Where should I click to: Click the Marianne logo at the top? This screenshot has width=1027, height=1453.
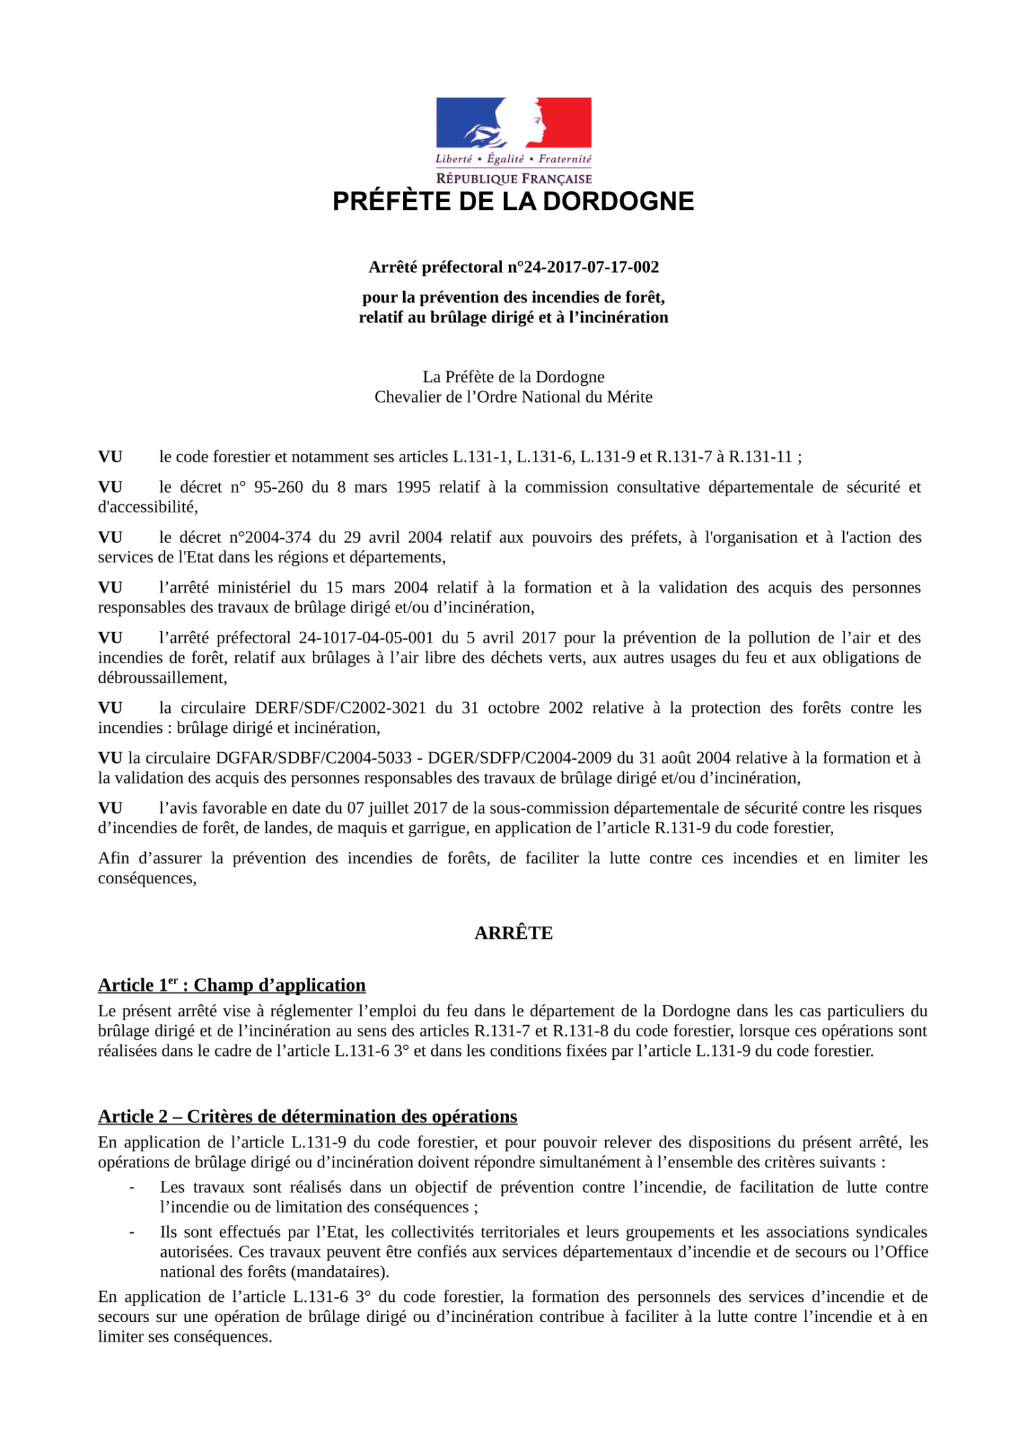513,122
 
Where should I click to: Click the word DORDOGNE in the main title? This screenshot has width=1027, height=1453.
618,202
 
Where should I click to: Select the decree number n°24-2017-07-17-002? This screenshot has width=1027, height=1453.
583,267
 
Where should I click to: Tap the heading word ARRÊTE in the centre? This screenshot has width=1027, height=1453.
513,933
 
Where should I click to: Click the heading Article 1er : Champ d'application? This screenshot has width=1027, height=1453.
231,985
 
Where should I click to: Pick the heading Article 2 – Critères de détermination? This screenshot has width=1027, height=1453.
308,1116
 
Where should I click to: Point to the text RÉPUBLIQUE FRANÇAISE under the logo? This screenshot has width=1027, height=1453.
513,179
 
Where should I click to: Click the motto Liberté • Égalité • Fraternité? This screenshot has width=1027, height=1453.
513,159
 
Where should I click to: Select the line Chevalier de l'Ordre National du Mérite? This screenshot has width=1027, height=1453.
513,397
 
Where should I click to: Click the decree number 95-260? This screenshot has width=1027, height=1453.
278,487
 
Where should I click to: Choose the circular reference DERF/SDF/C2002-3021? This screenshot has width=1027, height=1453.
340,708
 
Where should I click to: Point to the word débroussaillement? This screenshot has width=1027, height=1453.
162,678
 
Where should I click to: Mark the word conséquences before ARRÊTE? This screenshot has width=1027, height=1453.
146,879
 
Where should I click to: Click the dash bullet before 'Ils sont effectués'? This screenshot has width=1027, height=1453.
132,1232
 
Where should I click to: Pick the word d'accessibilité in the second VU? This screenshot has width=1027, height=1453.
147,508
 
